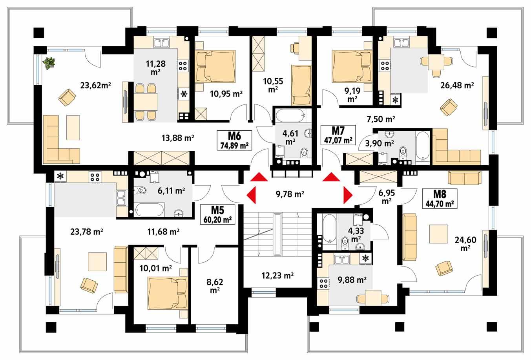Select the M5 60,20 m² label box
(217, 214)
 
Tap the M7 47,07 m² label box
(338, 135)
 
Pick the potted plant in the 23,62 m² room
(50, 62)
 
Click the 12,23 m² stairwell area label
(278, 276)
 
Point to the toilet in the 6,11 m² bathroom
(141, 191)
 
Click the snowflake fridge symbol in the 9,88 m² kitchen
(365, 258)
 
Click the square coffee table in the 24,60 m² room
(438, 234)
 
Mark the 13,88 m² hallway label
(178, 138)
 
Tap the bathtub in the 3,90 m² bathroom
(423, 146)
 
